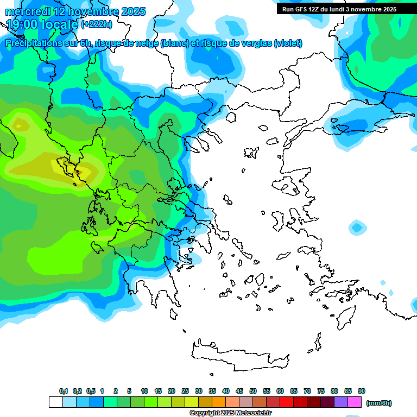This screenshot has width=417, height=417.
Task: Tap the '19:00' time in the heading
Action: (x=23, y=24)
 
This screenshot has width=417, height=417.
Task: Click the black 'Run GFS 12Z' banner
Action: (x=339, y=9)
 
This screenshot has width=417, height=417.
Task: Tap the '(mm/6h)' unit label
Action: (x=378, y=403)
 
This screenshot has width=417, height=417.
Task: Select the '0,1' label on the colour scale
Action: (x=64, y=391)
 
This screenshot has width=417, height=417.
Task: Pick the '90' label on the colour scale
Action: (x=362, y=391)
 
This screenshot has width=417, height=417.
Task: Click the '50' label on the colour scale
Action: (x=253, y=391)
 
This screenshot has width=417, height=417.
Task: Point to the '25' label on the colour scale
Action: (x=185, y=391)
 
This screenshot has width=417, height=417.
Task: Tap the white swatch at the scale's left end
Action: (x=55, y=402)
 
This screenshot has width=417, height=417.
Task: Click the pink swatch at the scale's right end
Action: (x=355, y=402)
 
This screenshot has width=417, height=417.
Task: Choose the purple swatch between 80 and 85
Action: (x=341, y=402)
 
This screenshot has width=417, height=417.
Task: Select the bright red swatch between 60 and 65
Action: (x=287, y=402)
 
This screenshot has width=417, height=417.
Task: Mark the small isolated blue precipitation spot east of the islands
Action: (x=357, y=227)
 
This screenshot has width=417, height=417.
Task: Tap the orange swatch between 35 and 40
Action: (x=219, y=402)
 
